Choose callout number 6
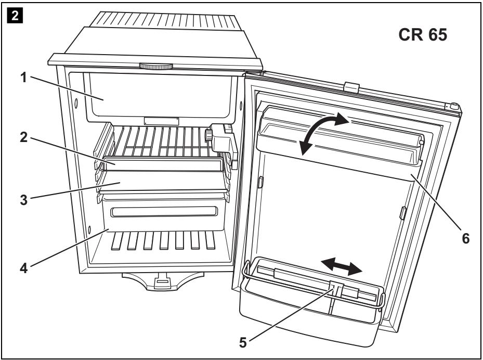click(x=466, y=238)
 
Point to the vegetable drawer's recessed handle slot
click(x=164, y=211)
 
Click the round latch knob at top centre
click(x=156, y=67)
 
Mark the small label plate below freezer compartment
click(x=161, y=121)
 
